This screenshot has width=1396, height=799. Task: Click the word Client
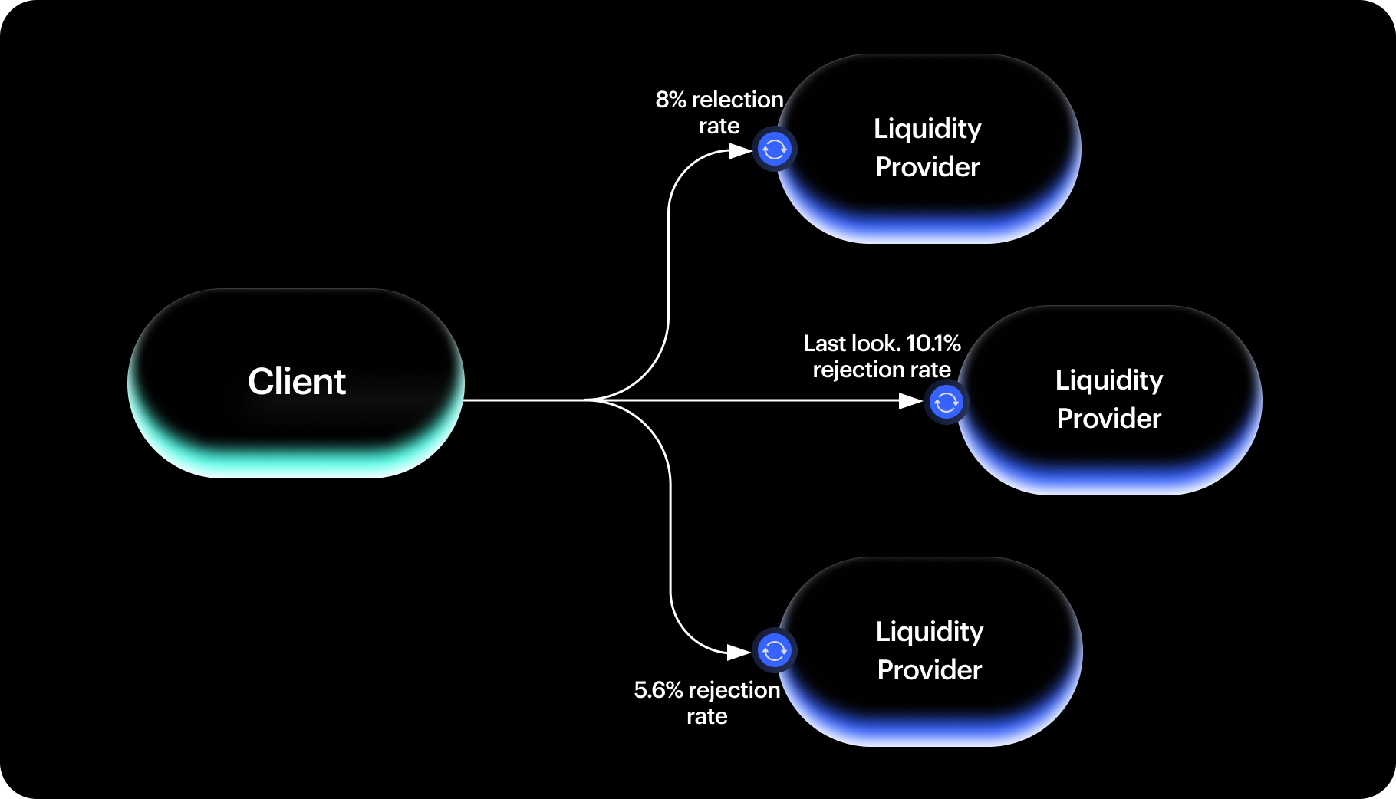click(x=297, y=382)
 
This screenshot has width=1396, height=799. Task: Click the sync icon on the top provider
click(x=774, y=149)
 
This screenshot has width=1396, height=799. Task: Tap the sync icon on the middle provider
click(x=946, y=401)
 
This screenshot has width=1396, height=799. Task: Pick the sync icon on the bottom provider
click(x=774, y=651)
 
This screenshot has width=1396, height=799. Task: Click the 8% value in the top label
click(x=670, y=100)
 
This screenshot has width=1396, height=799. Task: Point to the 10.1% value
click(x=933, y=343)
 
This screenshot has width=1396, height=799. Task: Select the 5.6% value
click(x=658, y=690)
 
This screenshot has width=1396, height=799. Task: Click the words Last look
click(x=851, y=343)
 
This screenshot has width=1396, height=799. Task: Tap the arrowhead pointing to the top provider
click(x=739, y=151)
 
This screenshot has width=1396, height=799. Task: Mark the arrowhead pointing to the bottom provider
click(x=738, y=652)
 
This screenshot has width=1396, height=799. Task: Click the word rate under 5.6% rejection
click(x=706, y=716)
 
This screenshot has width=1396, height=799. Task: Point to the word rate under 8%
click(x=719, y=126)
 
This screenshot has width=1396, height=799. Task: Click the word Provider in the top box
click(x=927, y=167)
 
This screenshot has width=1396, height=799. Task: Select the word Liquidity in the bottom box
click(x=930, y=632)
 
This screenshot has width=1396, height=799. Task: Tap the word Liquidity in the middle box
click(x=1109, y=380)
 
